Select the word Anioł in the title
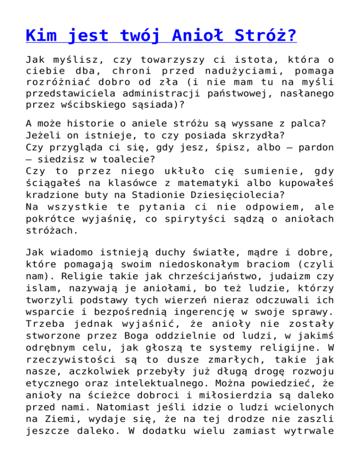click(195, 35)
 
